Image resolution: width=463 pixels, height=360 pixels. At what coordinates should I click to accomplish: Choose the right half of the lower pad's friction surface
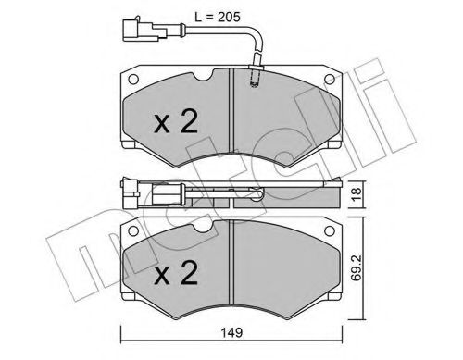(287, 273)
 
